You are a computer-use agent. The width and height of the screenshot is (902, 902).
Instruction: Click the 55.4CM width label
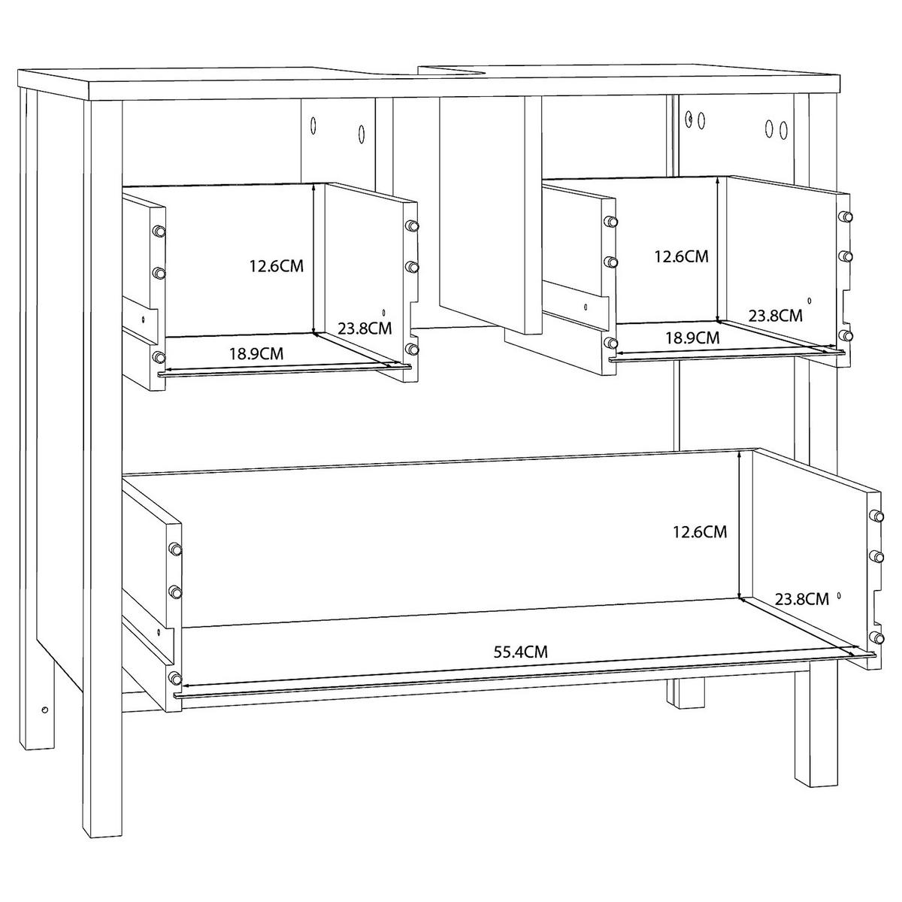click(x=520, y=652)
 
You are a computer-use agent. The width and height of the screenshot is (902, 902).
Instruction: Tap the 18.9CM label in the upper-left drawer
click(x=256, y=353)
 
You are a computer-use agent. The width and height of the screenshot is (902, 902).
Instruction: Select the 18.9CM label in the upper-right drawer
click(x=692, y=337)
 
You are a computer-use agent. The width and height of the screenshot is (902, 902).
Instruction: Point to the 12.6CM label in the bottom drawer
click(x=700, y=531)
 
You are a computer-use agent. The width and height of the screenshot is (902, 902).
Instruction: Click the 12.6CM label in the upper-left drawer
click(x=276, y=266)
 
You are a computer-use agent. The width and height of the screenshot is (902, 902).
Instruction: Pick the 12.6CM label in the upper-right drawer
click(x=681, y=256)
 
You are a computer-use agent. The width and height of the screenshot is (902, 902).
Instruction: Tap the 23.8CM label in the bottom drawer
click(x=801, y=599)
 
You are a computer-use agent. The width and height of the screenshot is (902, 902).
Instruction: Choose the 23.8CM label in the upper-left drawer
click(x=365, y=328)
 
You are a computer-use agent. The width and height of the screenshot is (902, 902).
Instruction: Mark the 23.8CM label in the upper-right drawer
click(x=775, y=316)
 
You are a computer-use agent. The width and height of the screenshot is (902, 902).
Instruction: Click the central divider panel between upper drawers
click(x=490, y=214)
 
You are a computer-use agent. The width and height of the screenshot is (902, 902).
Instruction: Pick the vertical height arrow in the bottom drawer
click(x=739, y=524)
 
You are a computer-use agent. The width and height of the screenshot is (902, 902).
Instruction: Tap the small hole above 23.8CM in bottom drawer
click(x=839, y=595)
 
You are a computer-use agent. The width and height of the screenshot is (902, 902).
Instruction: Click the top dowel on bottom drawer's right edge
click(x=876, y=516)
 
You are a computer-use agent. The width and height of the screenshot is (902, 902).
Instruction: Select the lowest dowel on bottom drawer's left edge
click(x=176, y=677)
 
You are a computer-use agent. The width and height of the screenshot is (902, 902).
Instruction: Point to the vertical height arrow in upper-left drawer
click(x=313, y=259)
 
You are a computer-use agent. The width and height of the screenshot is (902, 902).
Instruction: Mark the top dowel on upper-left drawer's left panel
click(x=159, y=231)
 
